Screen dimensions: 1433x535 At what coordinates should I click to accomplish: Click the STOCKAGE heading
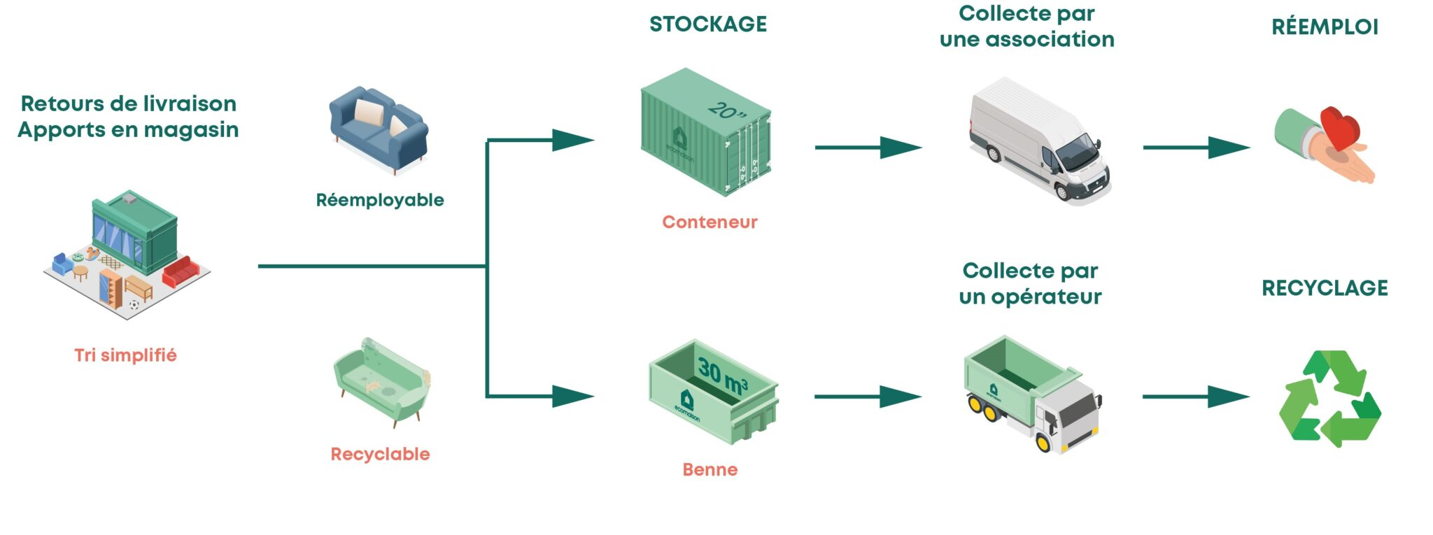click(x=708, y=24)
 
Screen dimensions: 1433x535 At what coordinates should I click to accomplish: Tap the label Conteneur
click(x=710, y=222)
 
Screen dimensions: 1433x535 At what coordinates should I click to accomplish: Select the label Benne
click(x=710, y=469)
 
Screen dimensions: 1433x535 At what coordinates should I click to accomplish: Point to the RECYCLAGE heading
click(x=1325, y=288)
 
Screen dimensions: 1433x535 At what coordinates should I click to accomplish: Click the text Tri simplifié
click(x=125, y=355)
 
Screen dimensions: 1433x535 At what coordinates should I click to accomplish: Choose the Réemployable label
click(x=380, y=200)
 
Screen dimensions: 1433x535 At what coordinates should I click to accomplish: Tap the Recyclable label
click(x=380, y=454)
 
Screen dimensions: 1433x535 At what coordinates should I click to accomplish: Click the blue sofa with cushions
click(x=379, y=129)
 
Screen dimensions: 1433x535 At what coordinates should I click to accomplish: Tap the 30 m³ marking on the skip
click(x=723, y=376)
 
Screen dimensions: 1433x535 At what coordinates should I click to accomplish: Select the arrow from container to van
click(x=868, y=148)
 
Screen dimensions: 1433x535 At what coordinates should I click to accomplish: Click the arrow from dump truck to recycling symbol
click(x=1196, y=397)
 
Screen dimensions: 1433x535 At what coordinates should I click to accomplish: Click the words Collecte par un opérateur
click(x=1030, y=283)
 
